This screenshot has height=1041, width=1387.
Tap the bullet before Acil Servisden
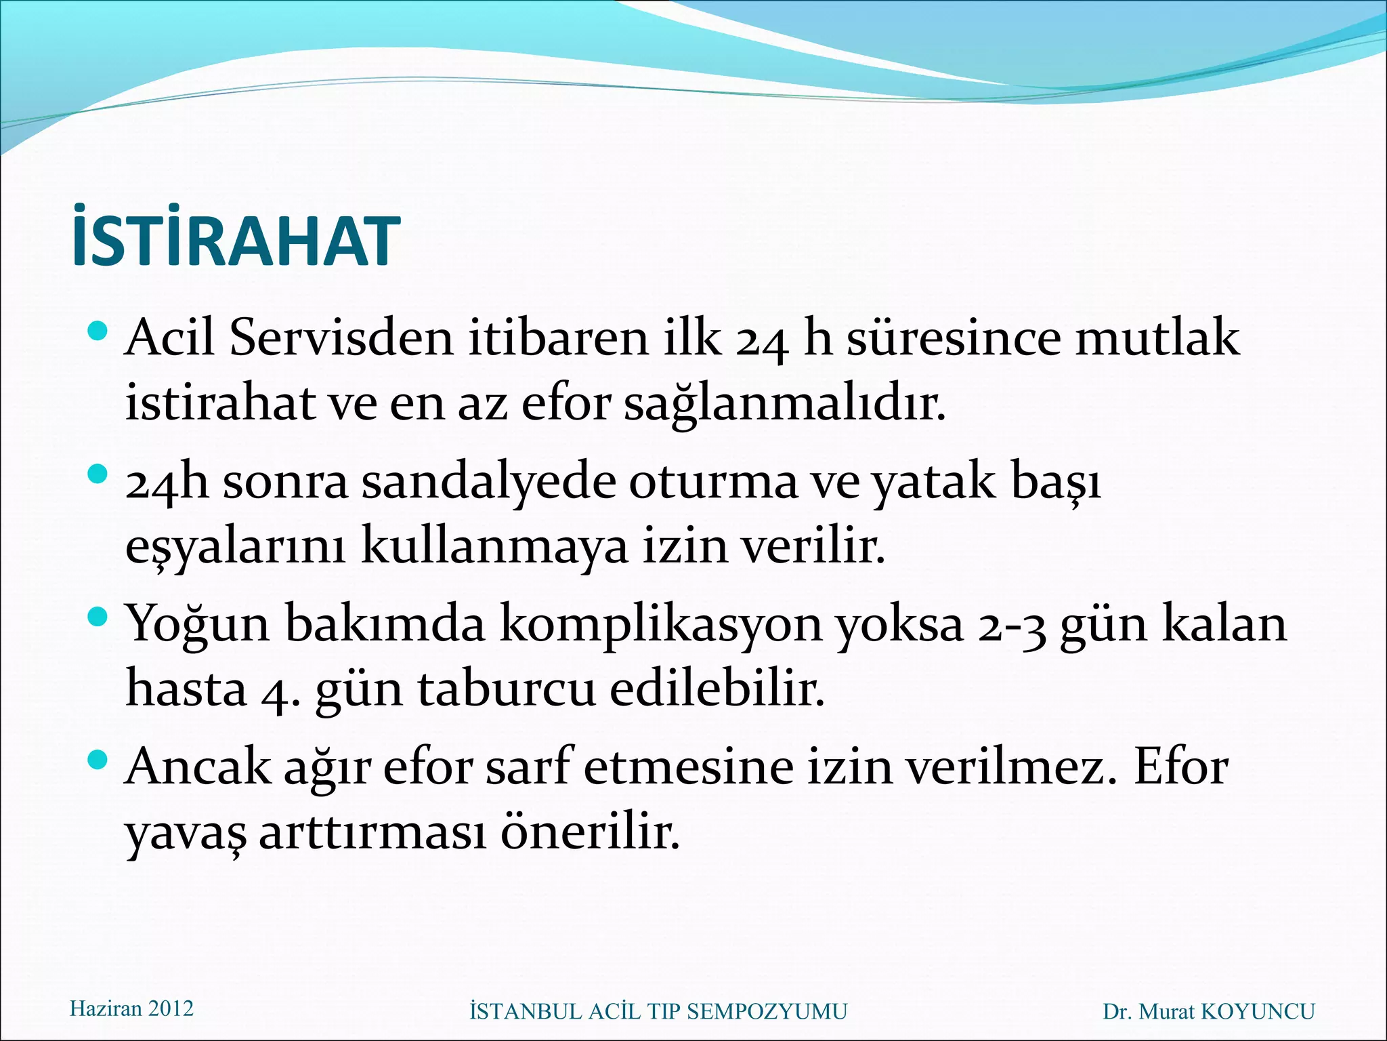[x=98, y=331]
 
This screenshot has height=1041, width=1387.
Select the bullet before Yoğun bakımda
[x=98, y=616]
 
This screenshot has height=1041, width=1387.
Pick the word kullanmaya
[x=494, y=546]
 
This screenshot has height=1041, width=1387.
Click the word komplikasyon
[x=660, y=624]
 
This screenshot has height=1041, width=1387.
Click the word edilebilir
[x=717, y=689]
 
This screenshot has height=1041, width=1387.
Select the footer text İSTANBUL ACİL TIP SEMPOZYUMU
[x=658, y=1011]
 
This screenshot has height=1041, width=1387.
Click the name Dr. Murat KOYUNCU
[x=1209, y=1011]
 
